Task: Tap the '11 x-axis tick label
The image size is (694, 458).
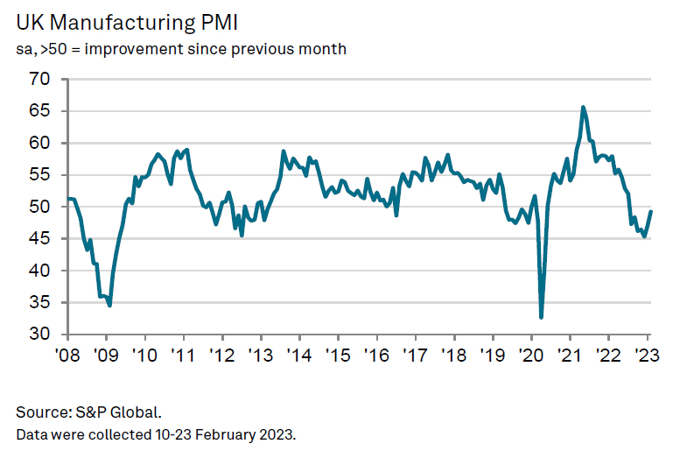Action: point(183,356)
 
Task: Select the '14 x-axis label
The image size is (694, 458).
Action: point(298,356)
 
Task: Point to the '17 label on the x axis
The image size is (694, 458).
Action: point(415,356)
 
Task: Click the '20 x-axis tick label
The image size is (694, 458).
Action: point(530,356)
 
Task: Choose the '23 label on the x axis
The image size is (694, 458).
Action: point(647,356)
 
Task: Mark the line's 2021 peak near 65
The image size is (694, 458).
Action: point(583,108)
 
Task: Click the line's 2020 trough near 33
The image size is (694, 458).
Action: point(541,317)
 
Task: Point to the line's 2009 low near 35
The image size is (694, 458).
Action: point(109,305)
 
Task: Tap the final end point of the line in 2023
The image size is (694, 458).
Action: point(650,211)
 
